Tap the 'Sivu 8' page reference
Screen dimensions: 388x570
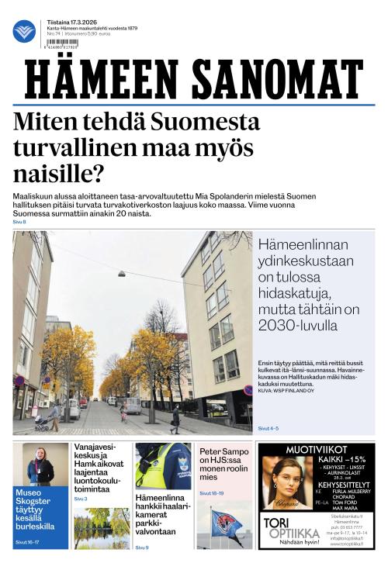(19, 223)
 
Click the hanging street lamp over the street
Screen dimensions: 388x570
(123, 274)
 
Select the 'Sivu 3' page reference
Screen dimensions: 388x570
(81, 499)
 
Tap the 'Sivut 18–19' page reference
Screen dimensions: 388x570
(212, 493)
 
